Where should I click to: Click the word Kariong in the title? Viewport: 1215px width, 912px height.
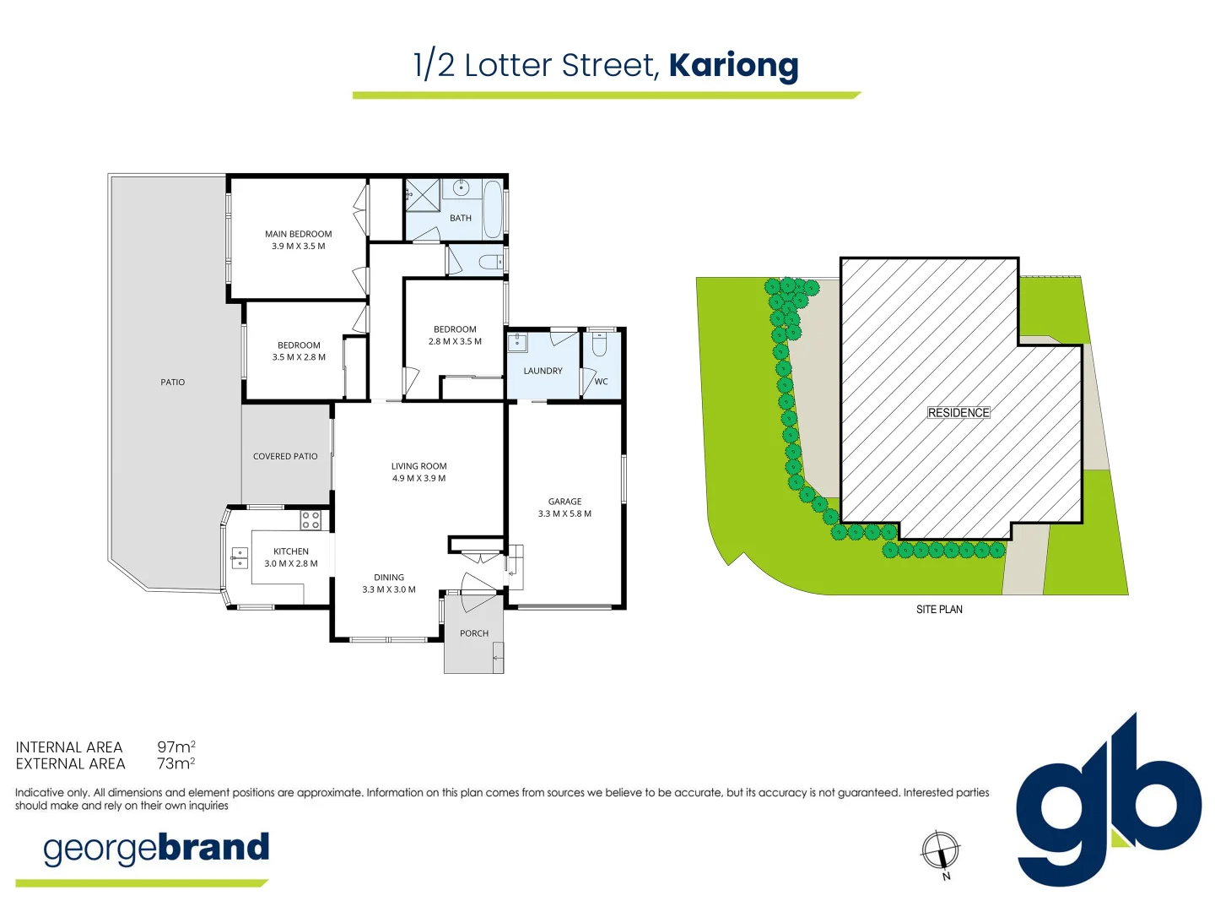[x=733, y=68]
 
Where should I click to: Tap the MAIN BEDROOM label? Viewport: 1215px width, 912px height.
[x=299, y=234]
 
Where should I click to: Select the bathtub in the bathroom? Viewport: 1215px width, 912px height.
[x=493, y=209]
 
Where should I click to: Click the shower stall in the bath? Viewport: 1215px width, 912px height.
[x=423, y=195]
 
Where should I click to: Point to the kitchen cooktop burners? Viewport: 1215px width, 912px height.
[x=310, y=520]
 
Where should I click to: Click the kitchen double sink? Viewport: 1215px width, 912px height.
[x=240, y=557]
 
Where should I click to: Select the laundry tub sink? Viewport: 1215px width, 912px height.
[x=517, y=342]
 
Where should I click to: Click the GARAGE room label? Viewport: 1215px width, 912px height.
[x=564, y=501]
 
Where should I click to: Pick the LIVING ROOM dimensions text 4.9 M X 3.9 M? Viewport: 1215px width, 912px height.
[x=419, y=479]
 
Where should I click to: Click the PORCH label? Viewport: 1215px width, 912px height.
[x=474, y=633]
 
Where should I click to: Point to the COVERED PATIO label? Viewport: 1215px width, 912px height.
[x=285, y=456]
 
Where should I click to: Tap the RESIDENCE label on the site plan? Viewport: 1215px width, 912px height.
[x=958, y=413]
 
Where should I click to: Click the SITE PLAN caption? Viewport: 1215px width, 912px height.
[x=939, y=609]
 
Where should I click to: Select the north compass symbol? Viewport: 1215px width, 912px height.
[x=940, y=850]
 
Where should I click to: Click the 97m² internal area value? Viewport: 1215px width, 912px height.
[x=176, y=746]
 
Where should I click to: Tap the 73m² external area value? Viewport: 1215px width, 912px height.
[x=176, y=763]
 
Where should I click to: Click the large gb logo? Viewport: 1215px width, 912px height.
[x=1109, y=801]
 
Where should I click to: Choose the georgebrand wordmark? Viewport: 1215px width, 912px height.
[x=156, y=849]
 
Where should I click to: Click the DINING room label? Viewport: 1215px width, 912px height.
[x=389, y=577]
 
